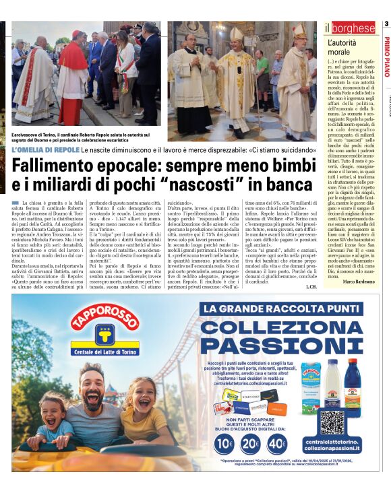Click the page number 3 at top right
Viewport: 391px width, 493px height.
(x=386, y=24)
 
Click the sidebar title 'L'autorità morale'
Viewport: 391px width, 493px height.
(x=342, y=48)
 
